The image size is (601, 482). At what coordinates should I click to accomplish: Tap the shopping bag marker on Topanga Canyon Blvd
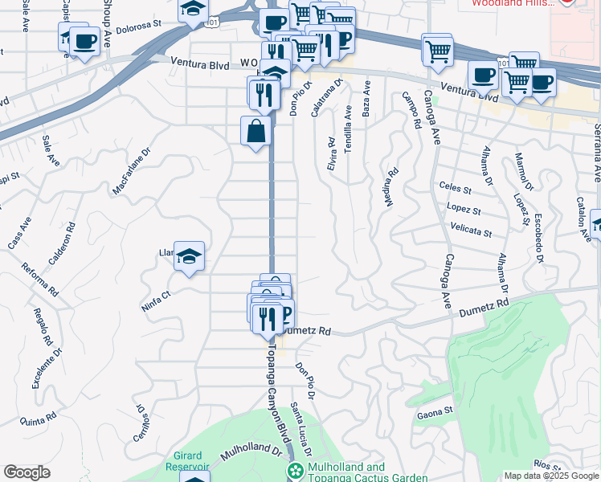(x=256, y=131)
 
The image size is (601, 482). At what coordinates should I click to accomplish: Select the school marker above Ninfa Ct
(x=189, y=256)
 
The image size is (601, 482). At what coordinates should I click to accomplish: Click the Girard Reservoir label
(x=187, y=466)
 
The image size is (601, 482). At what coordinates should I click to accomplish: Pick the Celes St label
(x=456, y=189)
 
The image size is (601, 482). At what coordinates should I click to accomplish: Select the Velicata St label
(x=472, y=232)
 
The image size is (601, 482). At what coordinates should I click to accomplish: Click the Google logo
(x=27, y=472)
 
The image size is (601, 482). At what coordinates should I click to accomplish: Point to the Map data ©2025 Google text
(x=550, y=476)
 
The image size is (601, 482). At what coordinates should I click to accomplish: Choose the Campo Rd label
(x=412, y=111)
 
